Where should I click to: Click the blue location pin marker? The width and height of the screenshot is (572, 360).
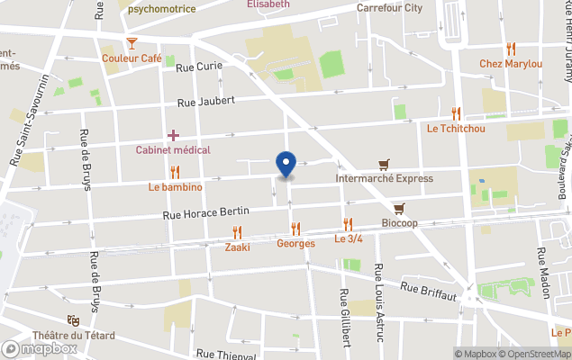[286, 163]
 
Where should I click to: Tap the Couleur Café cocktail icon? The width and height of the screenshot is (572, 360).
[132, 42]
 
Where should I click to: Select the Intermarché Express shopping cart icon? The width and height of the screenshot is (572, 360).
[385, 165]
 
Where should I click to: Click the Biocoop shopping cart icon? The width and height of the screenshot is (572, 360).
[399, 208]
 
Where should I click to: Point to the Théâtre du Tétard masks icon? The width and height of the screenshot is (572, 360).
[73, 320]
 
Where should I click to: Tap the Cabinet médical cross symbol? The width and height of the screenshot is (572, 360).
[173, 134]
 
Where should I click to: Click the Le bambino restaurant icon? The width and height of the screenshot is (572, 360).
[175, 172]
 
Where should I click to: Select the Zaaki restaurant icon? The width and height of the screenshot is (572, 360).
[237, 231]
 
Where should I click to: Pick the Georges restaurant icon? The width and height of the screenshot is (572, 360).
[295, 229]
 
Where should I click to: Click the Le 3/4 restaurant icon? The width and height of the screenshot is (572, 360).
[348, 224]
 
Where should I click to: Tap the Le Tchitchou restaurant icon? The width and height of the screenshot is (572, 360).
[456, 113]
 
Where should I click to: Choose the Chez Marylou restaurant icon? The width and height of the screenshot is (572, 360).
[511, 49]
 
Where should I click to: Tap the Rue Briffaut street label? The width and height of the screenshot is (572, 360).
[429, 290]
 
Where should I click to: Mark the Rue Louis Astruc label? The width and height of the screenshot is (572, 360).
[380, 301]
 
